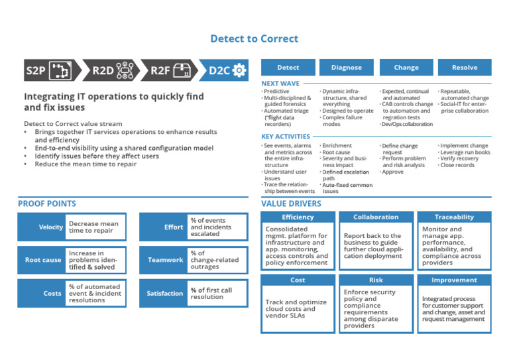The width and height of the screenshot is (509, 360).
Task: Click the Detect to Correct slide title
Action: pyautogui.click(x=254, y=39)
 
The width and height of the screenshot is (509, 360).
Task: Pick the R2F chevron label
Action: pyautogui.click(x=161, y=70)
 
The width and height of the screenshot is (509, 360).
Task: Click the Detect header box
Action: pyautogui.click(x=288, y=68)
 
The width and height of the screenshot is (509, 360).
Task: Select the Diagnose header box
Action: pyautogui.click(x=347, y=68)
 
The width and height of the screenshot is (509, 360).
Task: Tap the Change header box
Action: pyautogui.click(x=406, y=68)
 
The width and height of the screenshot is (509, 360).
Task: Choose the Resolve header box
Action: pyautogui.click(x=465, y=68)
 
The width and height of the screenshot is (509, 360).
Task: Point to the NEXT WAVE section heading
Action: pyautogui.click(x=280, y=84)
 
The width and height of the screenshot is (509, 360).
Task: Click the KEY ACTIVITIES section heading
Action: pyautogui.click(x=286, y=137)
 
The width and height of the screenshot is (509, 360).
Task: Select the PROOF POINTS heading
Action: pyautogui.click(x=47, y=204)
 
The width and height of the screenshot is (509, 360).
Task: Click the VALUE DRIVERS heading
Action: pyautogui.click(x=291, y=204)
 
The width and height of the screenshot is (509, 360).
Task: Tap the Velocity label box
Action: pyautogui.click(x=42, y=227)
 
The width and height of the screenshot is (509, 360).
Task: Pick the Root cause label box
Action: pyautogui.click(x=42, y=260)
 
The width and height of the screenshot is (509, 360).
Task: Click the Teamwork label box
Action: pyautogui.click(x=164, y=260)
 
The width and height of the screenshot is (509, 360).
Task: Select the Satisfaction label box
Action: pyautogui.click(x=164, y=293)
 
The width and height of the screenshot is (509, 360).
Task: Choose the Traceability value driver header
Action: pyautogui.click(x=454, y=217)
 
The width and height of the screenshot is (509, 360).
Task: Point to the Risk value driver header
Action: pyautogui.click(x=376, y=280)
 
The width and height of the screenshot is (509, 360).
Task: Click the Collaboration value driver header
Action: pyautogui.click(x=376, y=217)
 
